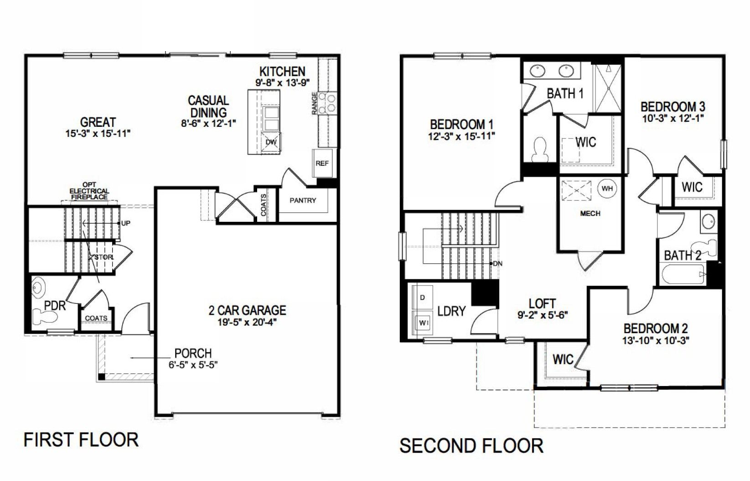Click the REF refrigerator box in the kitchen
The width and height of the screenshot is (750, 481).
click(x=322, y=163)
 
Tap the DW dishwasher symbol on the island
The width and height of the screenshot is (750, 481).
click(x=271, y=142)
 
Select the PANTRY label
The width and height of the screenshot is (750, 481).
click(x=302, y=200)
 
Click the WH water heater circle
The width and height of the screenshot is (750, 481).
click(x=607, y=188)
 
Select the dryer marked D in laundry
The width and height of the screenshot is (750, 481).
click(x=422, y=298)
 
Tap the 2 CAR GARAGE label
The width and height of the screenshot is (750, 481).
click(x=247, y=310)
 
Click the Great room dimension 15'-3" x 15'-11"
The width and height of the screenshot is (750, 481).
click(x=98, y=134)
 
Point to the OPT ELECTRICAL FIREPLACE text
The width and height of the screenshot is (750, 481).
click(x=89, y=191)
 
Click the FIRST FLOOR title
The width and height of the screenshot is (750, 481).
click(x=81, y=439)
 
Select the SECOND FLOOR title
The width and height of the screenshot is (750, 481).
click(x=471, y=445)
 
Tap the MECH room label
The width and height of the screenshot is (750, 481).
click(x=590, y=213)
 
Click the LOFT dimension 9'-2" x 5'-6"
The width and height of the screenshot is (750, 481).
click(x=542, y=314)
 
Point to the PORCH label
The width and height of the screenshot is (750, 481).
click(x=193, y=353)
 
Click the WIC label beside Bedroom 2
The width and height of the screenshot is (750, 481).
click(x=563, y=359)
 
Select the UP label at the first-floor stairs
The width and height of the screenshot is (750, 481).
click(x=126, y=224)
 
